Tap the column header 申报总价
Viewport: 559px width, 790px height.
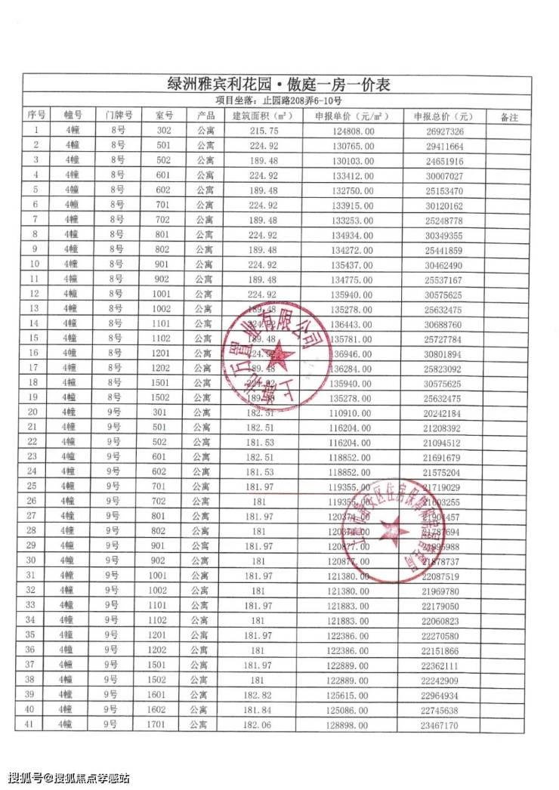pyautogui.click(x=443, y=116)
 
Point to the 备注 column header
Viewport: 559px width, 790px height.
pyautogui.click(x=510, y=116)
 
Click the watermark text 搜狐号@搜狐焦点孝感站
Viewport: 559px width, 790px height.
pyautogui.click(x=69, y=778)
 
